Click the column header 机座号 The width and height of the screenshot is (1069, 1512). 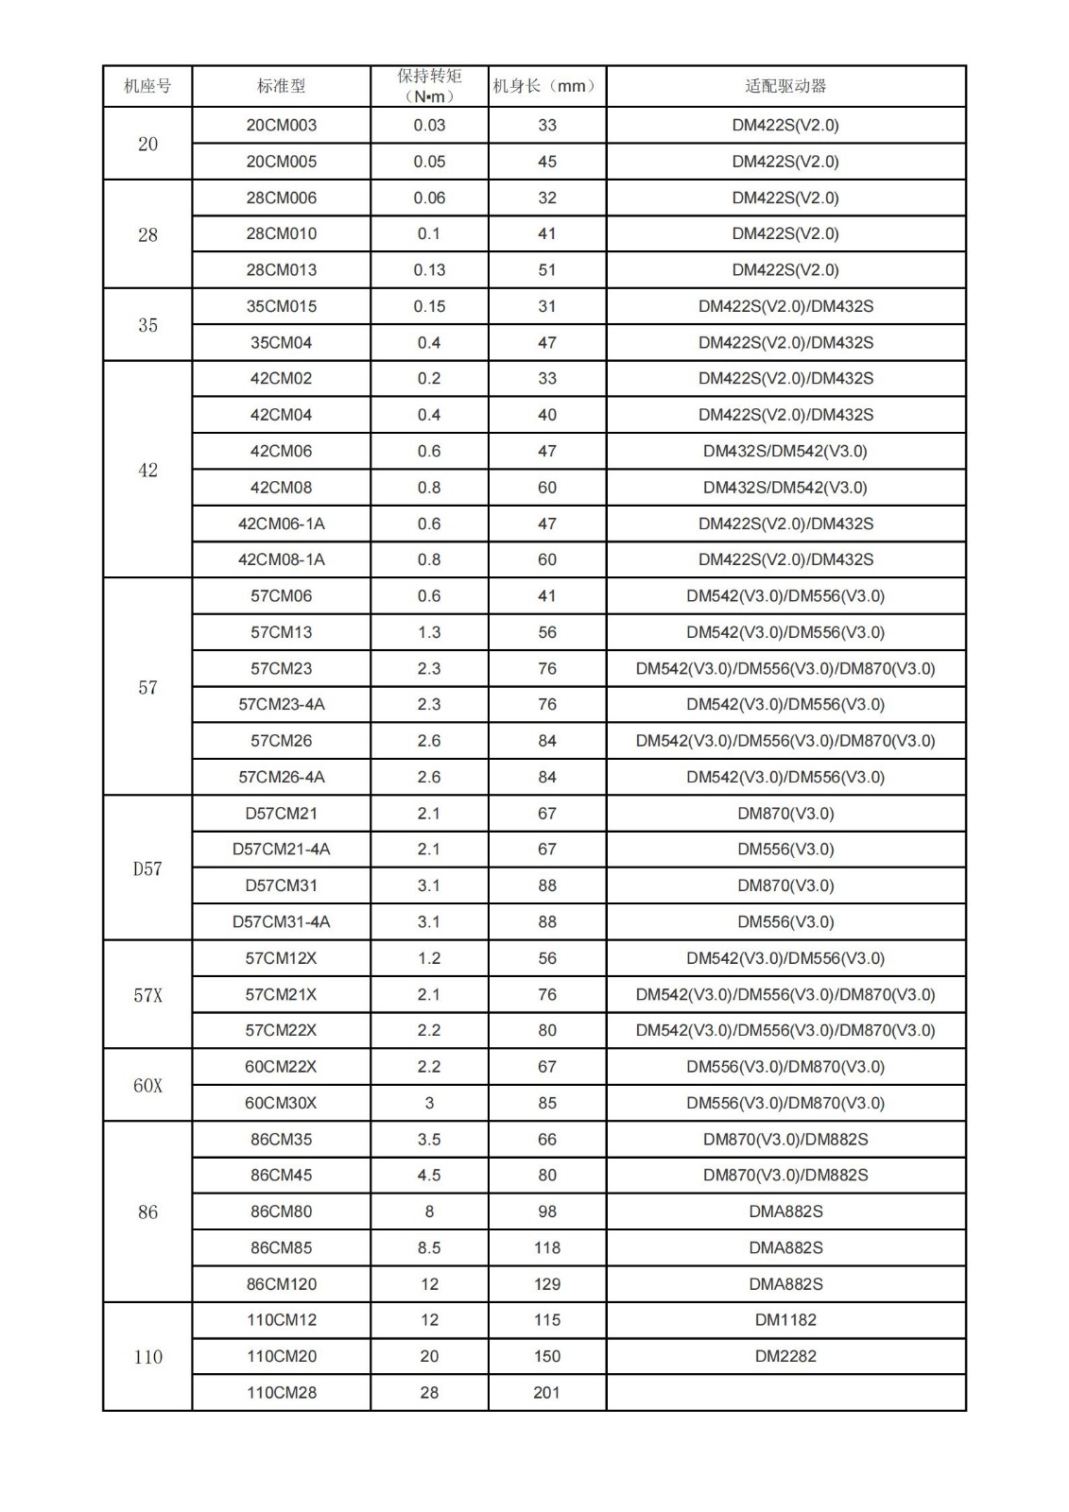click(147, 86)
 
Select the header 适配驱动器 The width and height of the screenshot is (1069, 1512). click(785, 86)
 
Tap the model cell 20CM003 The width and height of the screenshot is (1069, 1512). click(282, 126)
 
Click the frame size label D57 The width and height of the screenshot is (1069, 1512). click(147, 868)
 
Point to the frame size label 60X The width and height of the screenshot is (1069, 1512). click(147, 1086)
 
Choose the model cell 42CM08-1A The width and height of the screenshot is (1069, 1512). click(282, 559)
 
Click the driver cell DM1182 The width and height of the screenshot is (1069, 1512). click(785, 1320)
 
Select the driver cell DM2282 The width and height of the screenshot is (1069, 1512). click(785, 1356)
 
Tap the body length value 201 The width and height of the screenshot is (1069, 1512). click(546, 1392)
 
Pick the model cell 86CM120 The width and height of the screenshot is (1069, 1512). click(282, 1284)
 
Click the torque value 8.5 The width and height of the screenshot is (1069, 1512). click(429, 1247)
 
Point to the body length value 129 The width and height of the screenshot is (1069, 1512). click(546, 1284)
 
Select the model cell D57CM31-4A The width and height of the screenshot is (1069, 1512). click(282, 921)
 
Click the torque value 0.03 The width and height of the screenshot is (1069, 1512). click(429, 126)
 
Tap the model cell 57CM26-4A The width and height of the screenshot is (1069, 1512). click(282, 777)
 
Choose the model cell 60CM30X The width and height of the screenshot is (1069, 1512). click(282, 1103)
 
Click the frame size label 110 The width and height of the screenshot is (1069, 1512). click(147, 1357)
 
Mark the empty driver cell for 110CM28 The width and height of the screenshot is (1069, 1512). click(785, 1392)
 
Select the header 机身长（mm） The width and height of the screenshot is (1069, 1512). click(546, 86)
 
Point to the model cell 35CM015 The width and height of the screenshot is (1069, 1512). click(282, 306)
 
